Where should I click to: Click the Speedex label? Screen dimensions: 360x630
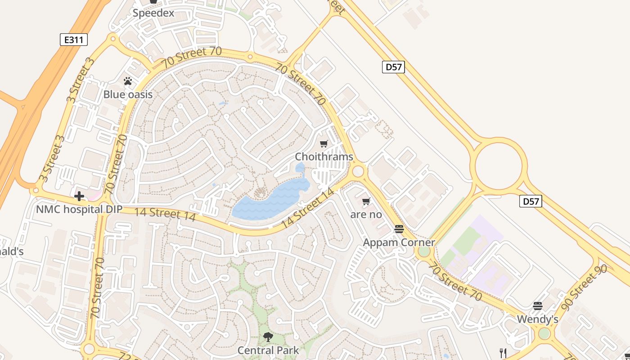(153, 13)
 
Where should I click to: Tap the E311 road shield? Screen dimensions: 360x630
(73, 40)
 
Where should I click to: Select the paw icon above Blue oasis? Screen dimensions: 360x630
(128, 81)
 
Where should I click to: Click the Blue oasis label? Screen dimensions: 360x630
(128, 94)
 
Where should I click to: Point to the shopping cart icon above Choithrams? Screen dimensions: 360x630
(324, 144)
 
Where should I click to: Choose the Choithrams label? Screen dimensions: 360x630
(324, 157)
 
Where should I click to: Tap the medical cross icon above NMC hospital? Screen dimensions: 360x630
(79, 196)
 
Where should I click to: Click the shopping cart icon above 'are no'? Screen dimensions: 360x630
(366, 202)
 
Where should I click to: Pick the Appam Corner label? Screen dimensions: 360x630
(399, 243)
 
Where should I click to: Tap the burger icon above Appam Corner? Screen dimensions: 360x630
(399, 229)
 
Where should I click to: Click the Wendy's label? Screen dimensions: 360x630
(537, 319)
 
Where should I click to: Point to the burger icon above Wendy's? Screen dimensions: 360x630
(537, 306)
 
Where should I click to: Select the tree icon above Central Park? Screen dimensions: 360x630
(268, 337)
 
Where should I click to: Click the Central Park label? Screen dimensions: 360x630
(268, 350)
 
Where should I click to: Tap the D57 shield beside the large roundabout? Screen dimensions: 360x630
(531, 201)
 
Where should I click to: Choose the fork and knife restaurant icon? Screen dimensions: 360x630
(503, 353)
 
